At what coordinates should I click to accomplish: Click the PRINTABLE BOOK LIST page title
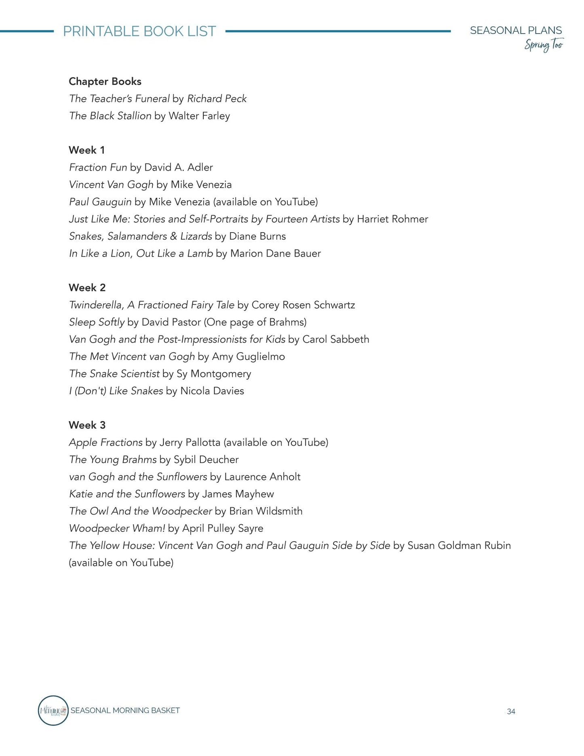point(139,31)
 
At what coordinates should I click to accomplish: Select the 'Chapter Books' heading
point(105,81)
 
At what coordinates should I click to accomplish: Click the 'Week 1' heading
point(86,150)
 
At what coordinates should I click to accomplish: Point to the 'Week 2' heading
point(87,288)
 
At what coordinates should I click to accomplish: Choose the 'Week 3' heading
point(87,425)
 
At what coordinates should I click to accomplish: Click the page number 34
point(511,712)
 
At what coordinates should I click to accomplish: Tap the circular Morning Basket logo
point(53,710)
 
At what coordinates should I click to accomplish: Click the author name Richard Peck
point(217,99)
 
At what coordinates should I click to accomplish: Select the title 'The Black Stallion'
point(110,116)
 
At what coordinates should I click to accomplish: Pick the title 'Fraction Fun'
point(98,167)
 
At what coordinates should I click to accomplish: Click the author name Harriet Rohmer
point(392,219)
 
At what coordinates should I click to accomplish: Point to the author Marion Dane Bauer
point(275,254)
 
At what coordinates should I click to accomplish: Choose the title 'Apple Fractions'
point(105,443)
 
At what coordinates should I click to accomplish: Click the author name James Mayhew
point(238,494)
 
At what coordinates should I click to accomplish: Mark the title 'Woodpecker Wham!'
point(117,528)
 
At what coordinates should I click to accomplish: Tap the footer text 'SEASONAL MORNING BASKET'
point(125,710)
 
